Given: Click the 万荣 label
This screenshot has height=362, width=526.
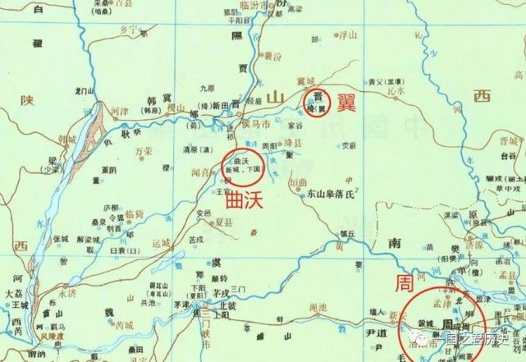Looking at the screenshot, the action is click(x=146, y=152).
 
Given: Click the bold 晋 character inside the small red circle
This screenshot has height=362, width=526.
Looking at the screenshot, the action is click(x=313, y=97).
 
